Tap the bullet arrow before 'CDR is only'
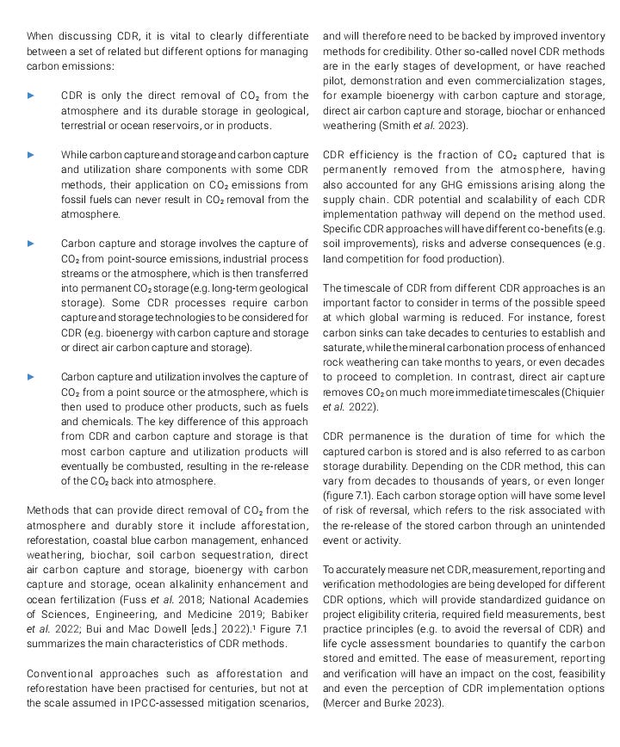point(32,96)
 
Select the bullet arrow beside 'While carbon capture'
point(32,155)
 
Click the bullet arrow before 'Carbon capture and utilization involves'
point(32,377)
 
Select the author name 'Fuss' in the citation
point(140,599)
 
